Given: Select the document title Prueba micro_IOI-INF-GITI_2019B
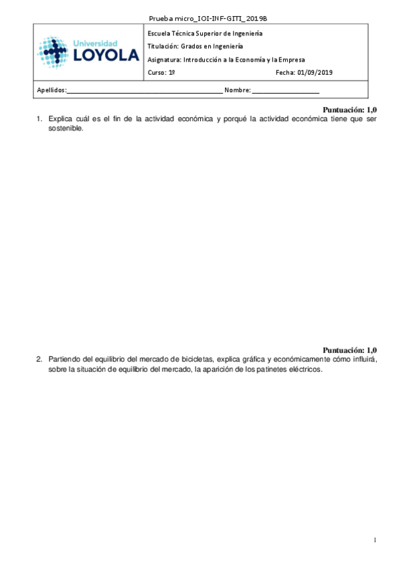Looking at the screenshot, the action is (201, 19).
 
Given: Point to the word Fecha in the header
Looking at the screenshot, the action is (285, 73).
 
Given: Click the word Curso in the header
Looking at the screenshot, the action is (155, 73).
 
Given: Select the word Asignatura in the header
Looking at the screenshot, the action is (163, 60).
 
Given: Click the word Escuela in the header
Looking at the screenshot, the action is (159, 33).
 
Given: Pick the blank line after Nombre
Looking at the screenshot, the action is (286, 90).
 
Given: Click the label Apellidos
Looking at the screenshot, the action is (50, 90).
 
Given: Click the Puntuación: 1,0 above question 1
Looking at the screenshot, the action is (350, 109).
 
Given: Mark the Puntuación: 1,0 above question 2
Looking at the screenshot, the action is (350, 350).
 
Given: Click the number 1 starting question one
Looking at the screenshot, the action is (38, 119).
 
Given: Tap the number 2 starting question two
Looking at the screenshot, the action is (38, 359).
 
